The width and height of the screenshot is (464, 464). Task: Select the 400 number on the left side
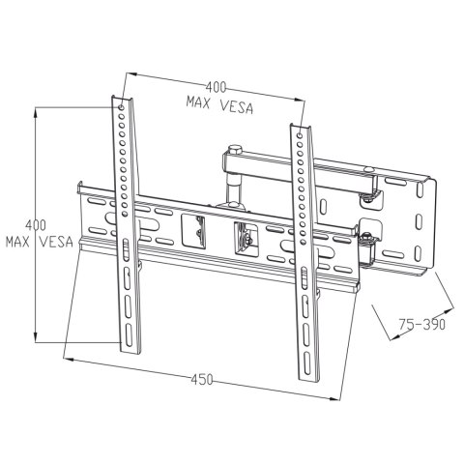click(36, 224)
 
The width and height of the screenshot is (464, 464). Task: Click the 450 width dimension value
click(200, 379)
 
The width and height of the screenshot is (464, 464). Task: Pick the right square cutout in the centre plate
click(246, 237)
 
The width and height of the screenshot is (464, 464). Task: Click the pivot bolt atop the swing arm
click(234, 149)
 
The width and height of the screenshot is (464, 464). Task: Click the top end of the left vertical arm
click(119, 101)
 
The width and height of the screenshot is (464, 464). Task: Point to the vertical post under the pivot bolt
click(234, 179)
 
